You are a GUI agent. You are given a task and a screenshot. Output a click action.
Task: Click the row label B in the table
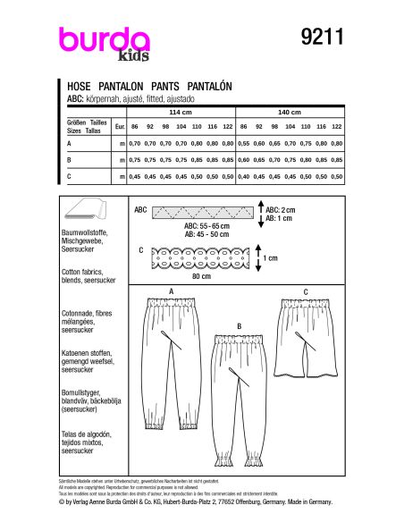pos(70,161)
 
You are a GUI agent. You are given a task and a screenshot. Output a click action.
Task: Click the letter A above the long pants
pos(171,292)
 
